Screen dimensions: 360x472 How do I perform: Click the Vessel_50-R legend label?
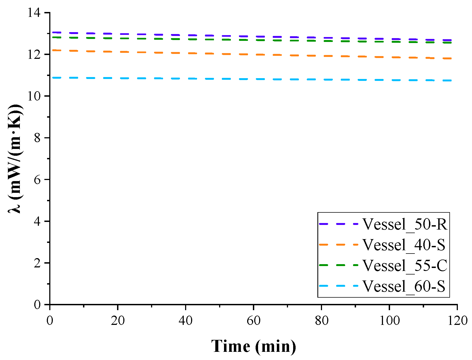(x=405, y=224)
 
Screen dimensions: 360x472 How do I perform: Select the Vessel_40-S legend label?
(x=404, y=245)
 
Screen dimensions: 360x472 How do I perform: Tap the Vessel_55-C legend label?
(x=405, y=265)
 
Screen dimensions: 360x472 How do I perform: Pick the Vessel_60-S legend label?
(x=404, y=286)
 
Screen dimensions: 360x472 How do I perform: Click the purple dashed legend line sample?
(x=339, y=224)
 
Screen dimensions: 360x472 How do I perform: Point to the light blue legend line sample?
(x=339, y=286)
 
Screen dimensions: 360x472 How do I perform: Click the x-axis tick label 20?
(x=118, y=321)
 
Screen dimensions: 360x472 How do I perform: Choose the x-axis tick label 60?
(x=253, y=321)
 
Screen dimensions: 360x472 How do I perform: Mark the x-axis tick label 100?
(x=390, y=321)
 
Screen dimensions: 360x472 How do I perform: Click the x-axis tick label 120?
(x=457, y=321)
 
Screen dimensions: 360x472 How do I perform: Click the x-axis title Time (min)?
(x=253, y=346)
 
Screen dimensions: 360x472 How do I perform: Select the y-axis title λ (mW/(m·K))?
(x=16, y=158)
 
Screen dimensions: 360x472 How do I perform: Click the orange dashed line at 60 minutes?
(x=253, y=54)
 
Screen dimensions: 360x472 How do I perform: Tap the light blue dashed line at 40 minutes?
(x=186, y=78)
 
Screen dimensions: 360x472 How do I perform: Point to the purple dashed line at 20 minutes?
(x=118, y=34)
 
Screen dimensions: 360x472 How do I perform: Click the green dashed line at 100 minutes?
(x=390, y=42)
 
